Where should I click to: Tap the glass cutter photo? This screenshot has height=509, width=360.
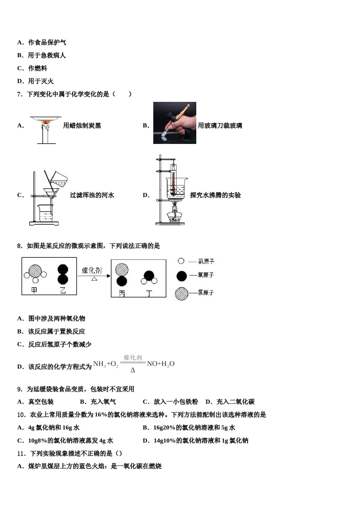point(174,123)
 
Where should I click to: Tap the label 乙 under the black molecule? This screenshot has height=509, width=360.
point(63,290)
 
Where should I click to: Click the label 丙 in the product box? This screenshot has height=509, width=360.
point(122,293)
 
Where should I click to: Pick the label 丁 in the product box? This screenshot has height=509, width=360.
point(149,293)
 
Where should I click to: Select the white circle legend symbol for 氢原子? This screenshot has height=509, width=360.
point(181,261)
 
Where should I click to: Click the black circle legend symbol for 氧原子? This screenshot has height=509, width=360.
point(182,276)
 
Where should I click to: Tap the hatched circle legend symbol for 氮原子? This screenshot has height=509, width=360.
point(182,294)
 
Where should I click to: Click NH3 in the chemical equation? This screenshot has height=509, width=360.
point(99,364)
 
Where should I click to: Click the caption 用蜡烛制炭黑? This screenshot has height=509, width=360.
point(82,126)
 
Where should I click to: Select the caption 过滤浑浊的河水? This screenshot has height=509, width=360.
point(92,195)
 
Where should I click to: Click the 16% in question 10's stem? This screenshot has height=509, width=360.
point(101,415)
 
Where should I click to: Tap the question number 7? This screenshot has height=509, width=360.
point(20,94)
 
